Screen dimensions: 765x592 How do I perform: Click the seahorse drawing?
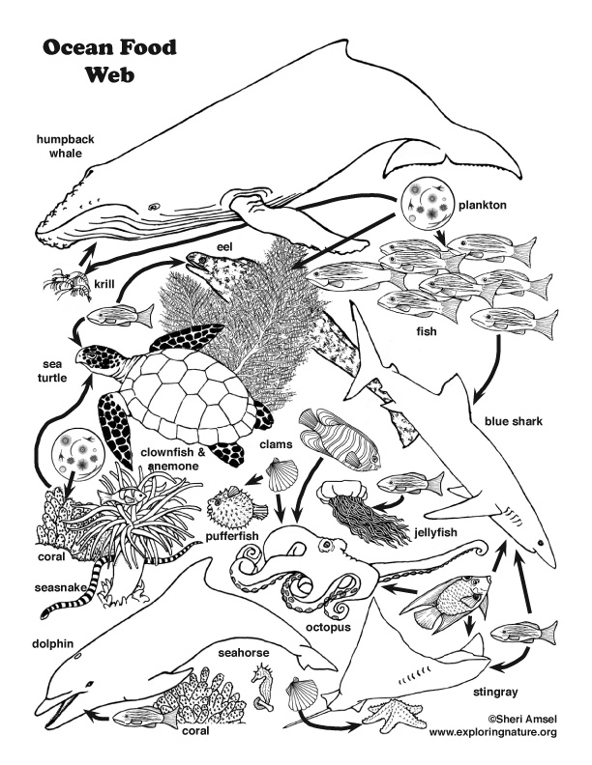tap(264, 687)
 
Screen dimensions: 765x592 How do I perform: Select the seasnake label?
tap(37, 586)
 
